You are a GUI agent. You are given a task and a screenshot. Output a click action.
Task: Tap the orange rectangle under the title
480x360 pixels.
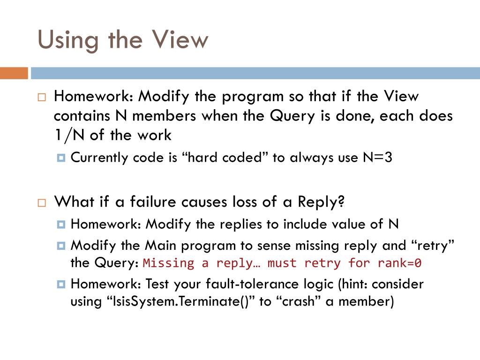tap(14, 73)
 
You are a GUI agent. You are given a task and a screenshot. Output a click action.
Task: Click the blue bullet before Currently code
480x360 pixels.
tap(60, 158)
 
